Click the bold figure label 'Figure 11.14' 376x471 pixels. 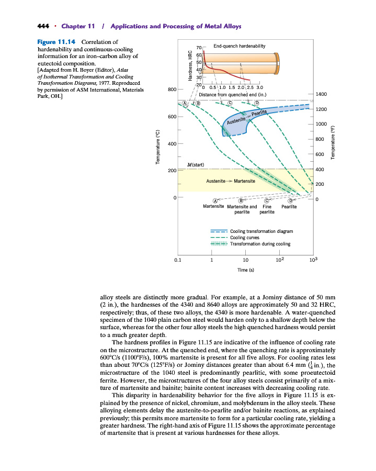point(56,42)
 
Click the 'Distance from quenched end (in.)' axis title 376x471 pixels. point(233,95)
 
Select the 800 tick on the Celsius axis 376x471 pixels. point(172,90)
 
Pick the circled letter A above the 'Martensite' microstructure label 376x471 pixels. point(215,200)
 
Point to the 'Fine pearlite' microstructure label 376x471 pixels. point(267,209)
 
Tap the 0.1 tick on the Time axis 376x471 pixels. point(178,260)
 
